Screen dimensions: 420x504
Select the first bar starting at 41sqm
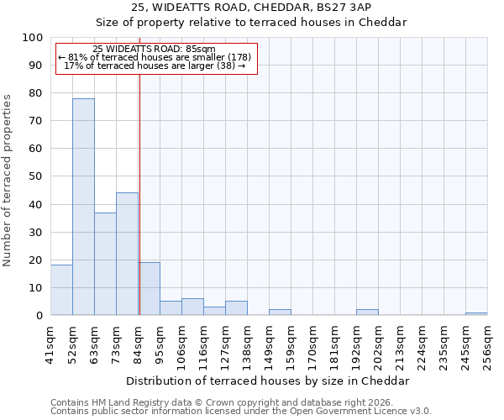61,290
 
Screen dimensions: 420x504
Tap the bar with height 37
105,264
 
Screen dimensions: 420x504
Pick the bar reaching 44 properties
127,254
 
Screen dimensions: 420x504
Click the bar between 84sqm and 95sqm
150,289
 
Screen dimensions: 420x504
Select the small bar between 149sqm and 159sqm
280,312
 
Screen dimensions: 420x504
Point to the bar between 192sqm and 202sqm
367,312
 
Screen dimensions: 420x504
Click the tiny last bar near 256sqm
476,313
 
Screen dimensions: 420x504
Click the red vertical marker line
139,193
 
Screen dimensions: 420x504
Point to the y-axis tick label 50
35,176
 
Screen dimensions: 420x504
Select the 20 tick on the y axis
35,260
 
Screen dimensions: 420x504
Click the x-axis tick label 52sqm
72,344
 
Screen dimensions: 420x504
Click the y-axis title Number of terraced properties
8,180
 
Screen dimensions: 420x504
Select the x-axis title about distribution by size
268,381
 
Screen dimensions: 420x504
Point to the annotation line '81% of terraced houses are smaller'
155,57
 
